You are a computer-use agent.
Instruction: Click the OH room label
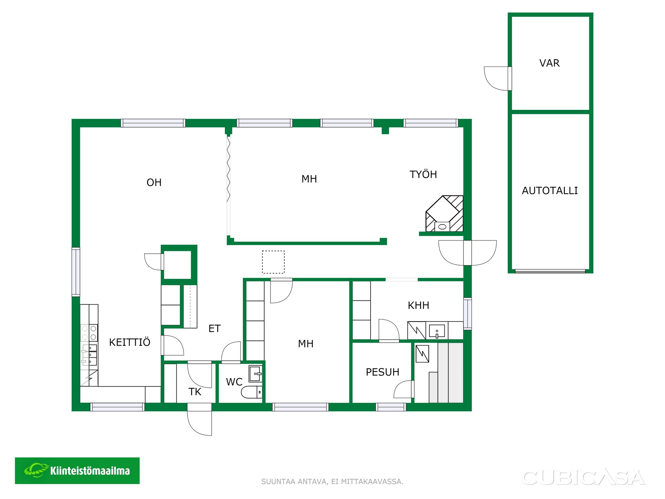154,183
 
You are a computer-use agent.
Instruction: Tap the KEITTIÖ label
130,342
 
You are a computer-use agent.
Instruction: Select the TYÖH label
423,174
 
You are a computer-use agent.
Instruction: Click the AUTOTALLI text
550,191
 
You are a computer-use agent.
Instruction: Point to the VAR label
549,63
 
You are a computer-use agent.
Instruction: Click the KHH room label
418,305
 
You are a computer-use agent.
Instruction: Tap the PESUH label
382,372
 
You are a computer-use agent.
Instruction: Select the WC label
234,382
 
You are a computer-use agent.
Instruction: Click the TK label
195,392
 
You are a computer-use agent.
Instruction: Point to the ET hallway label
214,329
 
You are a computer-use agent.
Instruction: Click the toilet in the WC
251,392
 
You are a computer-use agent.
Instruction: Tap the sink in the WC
255,374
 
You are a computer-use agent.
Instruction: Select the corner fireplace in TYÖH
444,214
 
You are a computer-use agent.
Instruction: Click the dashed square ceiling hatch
273,262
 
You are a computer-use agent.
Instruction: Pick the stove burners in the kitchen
89,333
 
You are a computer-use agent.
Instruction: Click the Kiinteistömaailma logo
77,471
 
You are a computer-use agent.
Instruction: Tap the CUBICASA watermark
584,478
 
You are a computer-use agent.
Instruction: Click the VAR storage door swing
496,79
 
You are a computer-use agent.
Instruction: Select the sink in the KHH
437,331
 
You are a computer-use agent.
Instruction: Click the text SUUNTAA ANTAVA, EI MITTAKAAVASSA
332,482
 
